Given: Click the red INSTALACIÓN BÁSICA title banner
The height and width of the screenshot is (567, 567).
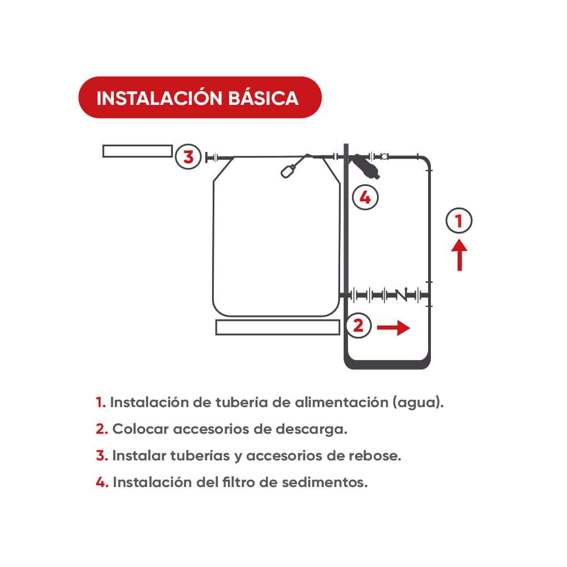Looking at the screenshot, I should (200, 98).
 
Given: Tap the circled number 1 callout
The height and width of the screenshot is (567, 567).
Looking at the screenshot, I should (459, 221).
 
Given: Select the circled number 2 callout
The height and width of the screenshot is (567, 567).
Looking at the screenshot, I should (358, 326).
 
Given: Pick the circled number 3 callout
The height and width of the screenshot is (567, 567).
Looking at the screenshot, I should (188, 156).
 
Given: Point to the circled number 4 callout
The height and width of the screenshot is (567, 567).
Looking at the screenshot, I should (365, 197).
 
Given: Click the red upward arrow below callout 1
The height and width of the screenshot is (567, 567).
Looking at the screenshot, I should (459, 255).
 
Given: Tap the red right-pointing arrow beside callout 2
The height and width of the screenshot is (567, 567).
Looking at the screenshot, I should (394, 327).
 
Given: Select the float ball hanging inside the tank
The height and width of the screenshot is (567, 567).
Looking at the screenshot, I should (288, 171).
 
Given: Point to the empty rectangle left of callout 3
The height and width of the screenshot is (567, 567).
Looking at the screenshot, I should (137, 151).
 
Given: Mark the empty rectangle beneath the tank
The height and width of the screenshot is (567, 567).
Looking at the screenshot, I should (277, 327).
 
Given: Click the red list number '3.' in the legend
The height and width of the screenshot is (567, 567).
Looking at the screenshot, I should (102, 456).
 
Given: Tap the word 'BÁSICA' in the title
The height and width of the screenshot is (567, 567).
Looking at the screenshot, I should (263, 98).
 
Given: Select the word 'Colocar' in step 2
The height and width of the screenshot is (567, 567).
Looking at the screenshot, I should (140, 429).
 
